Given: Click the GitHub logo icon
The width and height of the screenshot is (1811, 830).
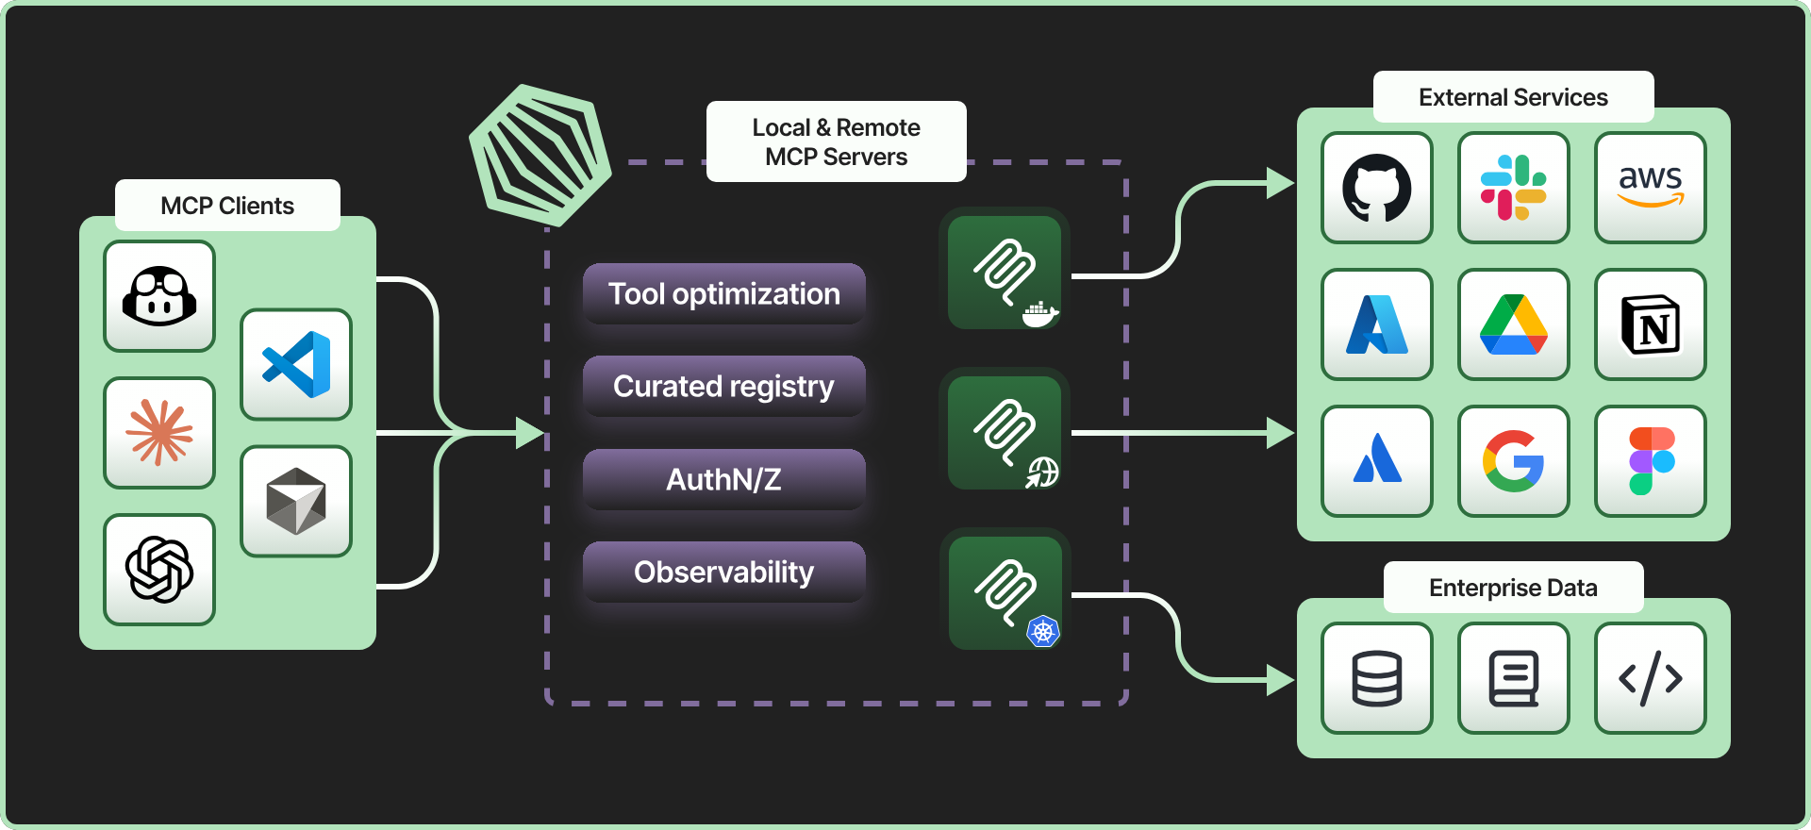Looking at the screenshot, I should point(1377,188).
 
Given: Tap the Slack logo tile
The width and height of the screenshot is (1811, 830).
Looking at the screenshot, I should point(1513,188).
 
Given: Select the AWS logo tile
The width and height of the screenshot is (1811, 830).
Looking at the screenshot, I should point(1650,188).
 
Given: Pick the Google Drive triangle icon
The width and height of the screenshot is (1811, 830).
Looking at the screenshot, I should point(1513,324).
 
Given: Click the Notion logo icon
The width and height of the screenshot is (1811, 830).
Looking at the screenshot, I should point(1650,324).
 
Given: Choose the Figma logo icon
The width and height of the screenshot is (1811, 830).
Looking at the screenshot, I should point(1650,461).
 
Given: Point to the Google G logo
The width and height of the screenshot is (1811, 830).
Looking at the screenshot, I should point(1513,461).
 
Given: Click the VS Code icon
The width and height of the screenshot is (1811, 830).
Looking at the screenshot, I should point(296,364).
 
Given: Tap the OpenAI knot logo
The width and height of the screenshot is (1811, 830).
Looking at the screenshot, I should point(159,570).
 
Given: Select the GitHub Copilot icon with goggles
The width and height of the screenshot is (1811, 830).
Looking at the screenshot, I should point(159,296).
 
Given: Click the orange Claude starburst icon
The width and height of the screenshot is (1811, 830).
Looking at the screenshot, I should point(159,433).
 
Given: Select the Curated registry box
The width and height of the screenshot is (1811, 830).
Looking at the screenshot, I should point(723,387).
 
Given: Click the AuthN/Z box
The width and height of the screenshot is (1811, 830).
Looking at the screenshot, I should point(723,479).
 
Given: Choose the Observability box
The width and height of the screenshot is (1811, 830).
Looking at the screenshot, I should point(723,572).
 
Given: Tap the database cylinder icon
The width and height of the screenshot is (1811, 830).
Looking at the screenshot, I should point(1377,678).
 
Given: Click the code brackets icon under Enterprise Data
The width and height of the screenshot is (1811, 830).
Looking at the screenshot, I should point(1650,678).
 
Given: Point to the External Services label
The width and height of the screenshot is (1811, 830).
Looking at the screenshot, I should point(1513,97).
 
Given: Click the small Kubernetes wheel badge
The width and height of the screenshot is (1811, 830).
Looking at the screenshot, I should point(1042,631).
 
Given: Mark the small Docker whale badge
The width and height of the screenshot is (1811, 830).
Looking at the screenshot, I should point(1039,314).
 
